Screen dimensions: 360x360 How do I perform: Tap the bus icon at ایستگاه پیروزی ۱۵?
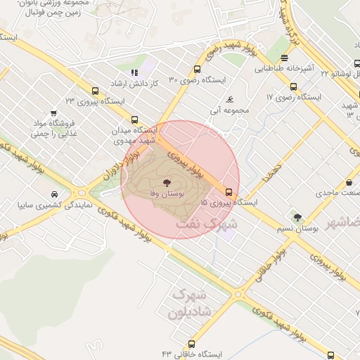[229, 191]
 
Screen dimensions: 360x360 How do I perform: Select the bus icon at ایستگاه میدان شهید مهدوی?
[134, 120]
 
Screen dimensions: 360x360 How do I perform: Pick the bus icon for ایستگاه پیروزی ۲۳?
[95, 91]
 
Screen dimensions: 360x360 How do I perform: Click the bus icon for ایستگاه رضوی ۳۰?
[196, 70]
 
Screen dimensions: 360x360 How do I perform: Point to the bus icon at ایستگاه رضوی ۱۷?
[293, 87]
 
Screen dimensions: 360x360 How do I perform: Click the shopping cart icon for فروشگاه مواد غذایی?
[53, 114]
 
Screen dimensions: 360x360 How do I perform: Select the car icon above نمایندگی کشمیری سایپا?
[54, 195]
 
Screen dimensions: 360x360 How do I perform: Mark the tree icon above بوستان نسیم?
[297, 217]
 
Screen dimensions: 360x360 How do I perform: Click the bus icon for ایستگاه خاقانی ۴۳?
[192, 343]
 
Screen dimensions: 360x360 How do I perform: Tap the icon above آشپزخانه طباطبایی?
[283, 58]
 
